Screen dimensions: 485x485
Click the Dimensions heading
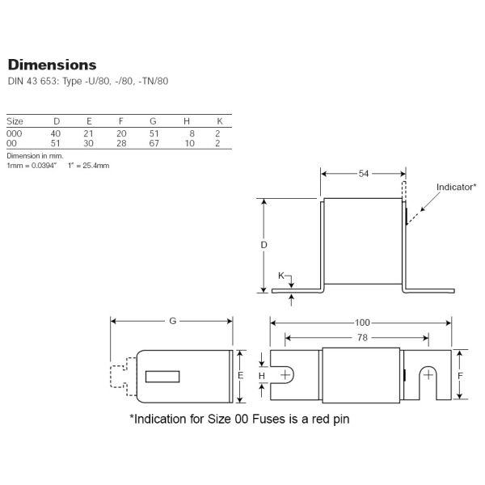52,65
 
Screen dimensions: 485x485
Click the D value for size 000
56,133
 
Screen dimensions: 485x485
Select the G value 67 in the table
154,143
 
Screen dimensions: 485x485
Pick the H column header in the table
187,121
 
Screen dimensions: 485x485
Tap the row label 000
15,133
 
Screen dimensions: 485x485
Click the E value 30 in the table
88,143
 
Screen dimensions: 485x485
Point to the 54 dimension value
364,174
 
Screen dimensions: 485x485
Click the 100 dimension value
362,323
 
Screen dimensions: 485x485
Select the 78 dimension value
362,337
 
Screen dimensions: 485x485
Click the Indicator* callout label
456,187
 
